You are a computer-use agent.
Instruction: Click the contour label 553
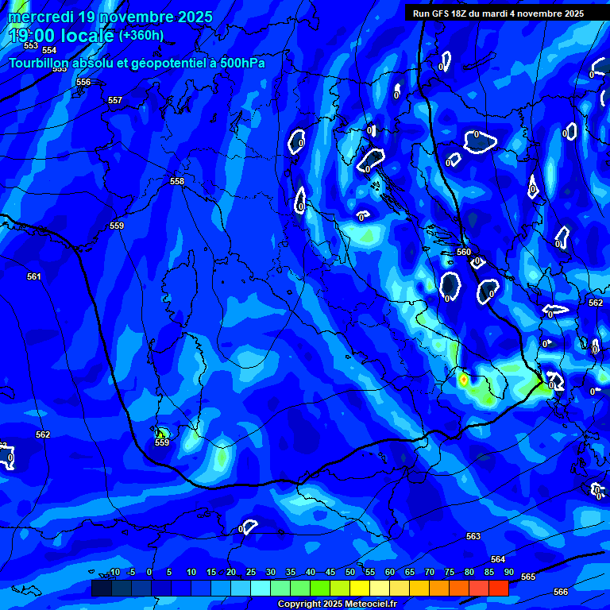[31, 45]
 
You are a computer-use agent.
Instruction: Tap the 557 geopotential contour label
[115, 101]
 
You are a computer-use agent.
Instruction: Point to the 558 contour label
[177, 182]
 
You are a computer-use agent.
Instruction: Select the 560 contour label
[465, 253]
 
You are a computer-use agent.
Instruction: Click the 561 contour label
[33, 276]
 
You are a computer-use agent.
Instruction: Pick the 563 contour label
[473, 537]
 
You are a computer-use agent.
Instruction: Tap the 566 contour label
[561, 592]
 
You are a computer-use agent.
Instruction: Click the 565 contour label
[528, 577]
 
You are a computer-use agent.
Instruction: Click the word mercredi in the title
[40, 17]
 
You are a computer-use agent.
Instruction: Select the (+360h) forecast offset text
[141, 35]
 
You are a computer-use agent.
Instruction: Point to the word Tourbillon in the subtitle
[39, 64]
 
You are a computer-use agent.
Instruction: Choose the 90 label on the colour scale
[508, 573]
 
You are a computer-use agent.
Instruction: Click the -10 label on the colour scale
[114, 573]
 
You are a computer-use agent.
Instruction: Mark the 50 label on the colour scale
[350, 573]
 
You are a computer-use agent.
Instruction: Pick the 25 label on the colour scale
[251, 573]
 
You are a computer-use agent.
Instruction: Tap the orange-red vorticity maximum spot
[464, 380]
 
